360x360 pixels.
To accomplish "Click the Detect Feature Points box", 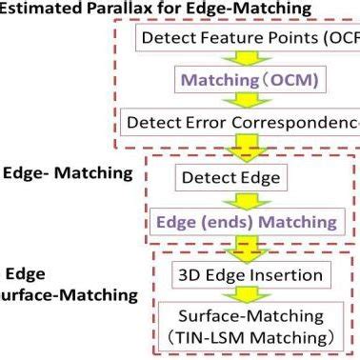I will point(247,38).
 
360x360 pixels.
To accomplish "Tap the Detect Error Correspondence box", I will point(242,122).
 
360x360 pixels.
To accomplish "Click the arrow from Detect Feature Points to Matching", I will point(244,59).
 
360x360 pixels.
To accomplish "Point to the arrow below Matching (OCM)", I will point(244,101).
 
